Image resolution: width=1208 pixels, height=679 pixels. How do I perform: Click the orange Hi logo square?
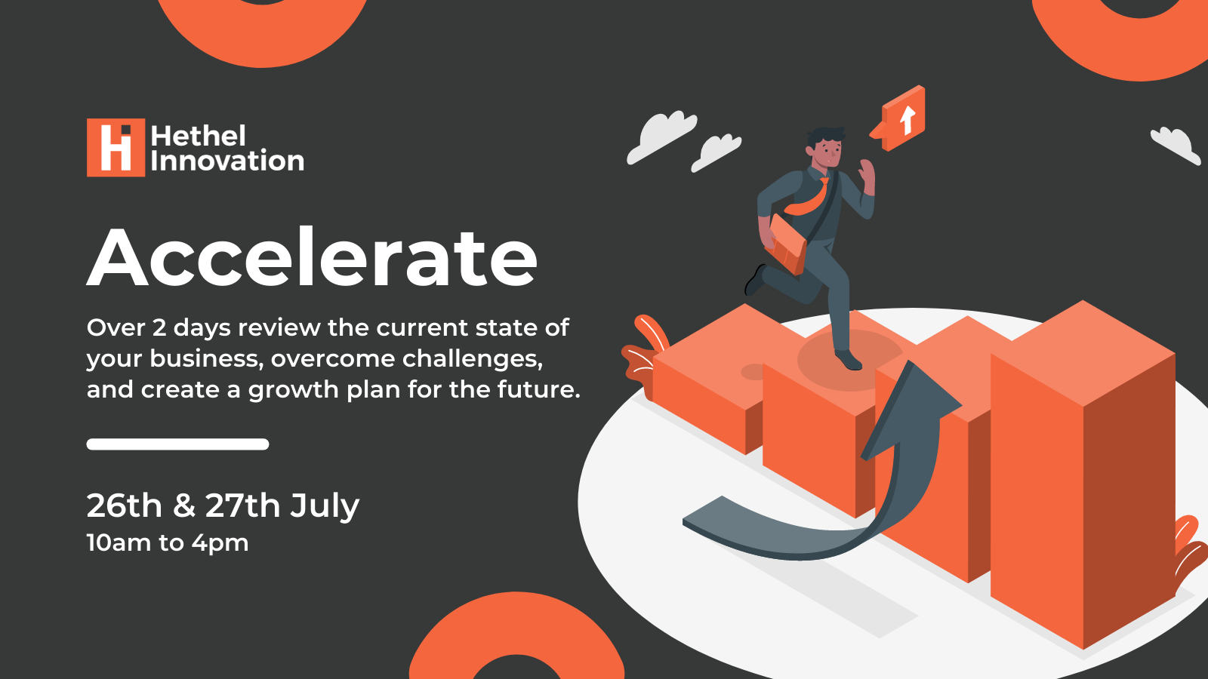point(116,147)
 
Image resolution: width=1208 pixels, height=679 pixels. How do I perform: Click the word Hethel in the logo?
point(199,136)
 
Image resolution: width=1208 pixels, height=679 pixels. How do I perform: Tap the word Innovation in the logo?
point(227,161)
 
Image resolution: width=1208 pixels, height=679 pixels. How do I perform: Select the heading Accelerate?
point(312,257)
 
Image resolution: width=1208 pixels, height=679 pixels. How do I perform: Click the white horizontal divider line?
point(178,444)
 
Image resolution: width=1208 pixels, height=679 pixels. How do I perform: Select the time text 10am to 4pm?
point(168,542)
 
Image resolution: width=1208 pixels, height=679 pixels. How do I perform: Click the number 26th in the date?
point(125,505)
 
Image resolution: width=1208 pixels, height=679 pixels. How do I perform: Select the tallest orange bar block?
point(1083,475)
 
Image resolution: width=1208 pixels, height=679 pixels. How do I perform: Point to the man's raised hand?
point(867,177)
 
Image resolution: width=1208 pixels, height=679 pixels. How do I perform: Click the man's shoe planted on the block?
point(849,359)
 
